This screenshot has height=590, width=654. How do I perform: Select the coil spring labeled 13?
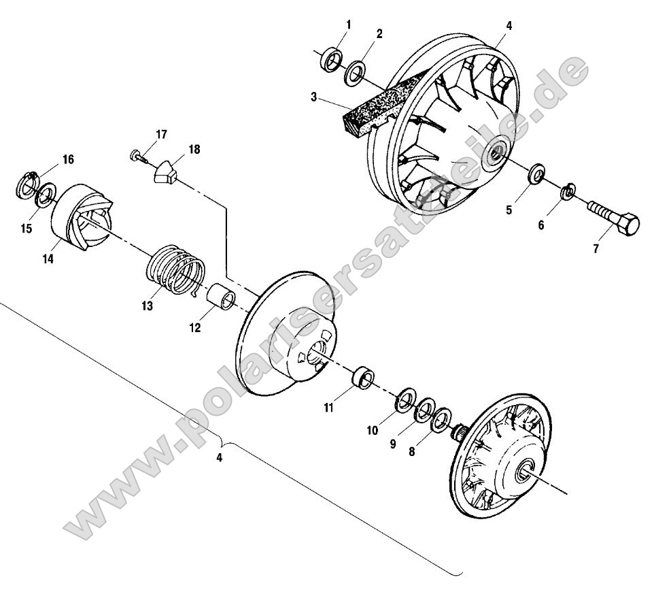point(175,272)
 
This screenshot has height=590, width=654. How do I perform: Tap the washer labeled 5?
point(536,174)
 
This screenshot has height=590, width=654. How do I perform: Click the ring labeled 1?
point(331,60)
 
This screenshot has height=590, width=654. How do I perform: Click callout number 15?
point(26,229)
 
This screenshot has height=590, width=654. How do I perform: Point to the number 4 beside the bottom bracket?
point(219,458)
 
